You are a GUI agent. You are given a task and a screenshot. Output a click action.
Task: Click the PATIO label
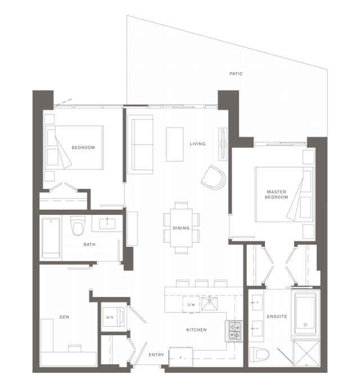coord(236,74)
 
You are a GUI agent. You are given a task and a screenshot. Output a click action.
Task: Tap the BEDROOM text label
coord(83,148)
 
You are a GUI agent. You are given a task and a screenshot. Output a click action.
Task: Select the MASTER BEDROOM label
coord(277,195)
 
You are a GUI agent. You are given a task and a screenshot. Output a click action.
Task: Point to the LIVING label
coord(197,144)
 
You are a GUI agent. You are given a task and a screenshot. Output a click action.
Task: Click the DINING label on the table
coord(181,228)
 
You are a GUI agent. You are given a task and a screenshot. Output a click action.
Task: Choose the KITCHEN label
coord(196,330)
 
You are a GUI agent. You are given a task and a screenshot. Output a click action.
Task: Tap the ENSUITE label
coord(277,317)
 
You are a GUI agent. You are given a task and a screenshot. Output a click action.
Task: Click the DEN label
coord(64,317)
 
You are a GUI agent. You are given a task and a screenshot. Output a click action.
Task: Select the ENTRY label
coord(156,355)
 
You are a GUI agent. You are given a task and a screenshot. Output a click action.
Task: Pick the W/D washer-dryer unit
coord(110,316)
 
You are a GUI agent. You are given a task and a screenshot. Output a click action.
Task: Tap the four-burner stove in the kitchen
coord(233,331)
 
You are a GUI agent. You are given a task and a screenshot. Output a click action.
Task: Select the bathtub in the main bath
coord(51,237)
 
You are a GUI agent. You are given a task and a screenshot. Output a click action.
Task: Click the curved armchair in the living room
coord(214,177)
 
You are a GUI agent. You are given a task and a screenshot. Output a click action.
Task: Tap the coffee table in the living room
coord(174,144)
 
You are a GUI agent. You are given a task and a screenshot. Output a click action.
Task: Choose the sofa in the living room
coord(141,143)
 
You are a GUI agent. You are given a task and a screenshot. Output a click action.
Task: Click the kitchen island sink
coord(213,303)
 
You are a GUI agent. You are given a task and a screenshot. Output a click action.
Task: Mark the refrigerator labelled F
coord(180,357)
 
